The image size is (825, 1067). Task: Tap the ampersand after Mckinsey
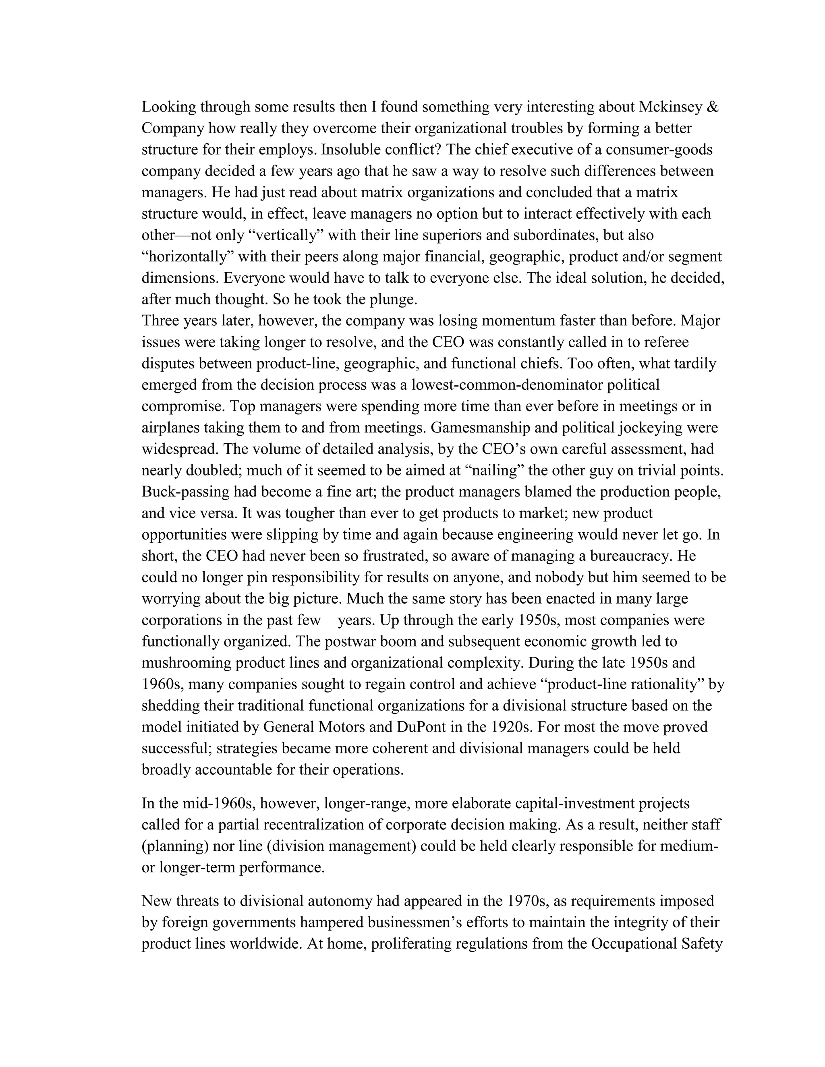click(x=713, y=107)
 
